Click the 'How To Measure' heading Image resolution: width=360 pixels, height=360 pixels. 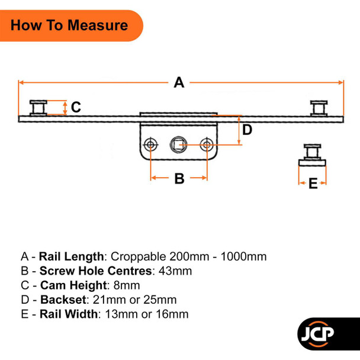click(x=69, y=25)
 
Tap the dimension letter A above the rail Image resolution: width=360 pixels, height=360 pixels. click(x=179, y=83)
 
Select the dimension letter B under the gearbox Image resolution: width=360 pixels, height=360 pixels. click(x=179, y=178)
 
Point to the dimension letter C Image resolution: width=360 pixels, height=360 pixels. click(x=76, y=107)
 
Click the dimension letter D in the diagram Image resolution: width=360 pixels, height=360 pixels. click(x=247, y=130)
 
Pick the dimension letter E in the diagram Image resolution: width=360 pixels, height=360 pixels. click(x=313, y=184)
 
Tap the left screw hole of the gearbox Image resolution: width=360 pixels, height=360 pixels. click(x=151, y=144)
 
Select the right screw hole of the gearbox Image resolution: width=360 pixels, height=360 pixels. click(x=207, y=144)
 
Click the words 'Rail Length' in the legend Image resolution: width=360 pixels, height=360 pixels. click(x=72, y=256)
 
